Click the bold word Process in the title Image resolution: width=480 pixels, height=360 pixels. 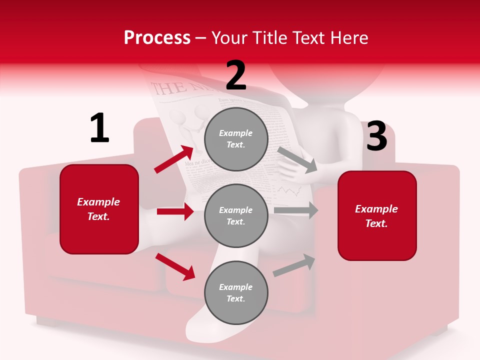(157, 38)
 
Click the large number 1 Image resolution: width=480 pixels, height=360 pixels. (99, 128)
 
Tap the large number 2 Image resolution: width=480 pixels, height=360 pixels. (236, 75)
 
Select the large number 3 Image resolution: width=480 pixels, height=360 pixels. (376, 136)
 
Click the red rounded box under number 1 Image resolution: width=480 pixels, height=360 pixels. (99, 209)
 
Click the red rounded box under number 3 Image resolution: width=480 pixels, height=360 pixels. (377, 216)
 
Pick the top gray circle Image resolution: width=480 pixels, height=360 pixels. (236, 139)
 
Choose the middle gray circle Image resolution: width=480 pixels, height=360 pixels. (236, 216)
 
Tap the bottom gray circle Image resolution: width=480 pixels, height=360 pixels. (236, 293)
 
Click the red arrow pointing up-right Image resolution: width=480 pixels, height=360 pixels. (173, 159)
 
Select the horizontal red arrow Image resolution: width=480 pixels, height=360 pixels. (175, 211)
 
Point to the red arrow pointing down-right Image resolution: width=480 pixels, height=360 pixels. (175, 266)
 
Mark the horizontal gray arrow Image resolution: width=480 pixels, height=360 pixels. (296, 210)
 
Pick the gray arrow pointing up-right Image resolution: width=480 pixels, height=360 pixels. (294, 265)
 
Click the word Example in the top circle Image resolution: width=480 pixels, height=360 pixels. (236, 133)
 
